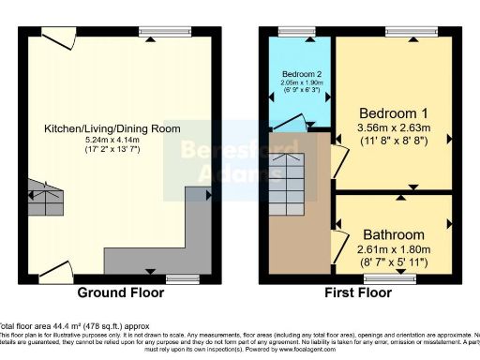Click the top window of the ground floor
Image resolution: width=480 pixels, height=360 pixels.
click(x=153, y=31)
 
